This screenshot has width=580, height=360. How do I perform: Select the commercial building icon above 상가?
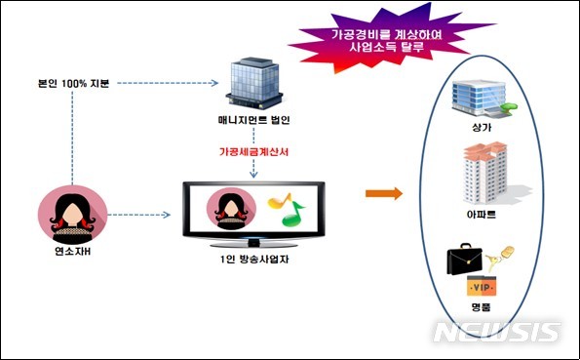click(478, 100)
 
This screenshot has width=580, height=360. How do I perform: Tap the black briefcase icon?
click(465, 260)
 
